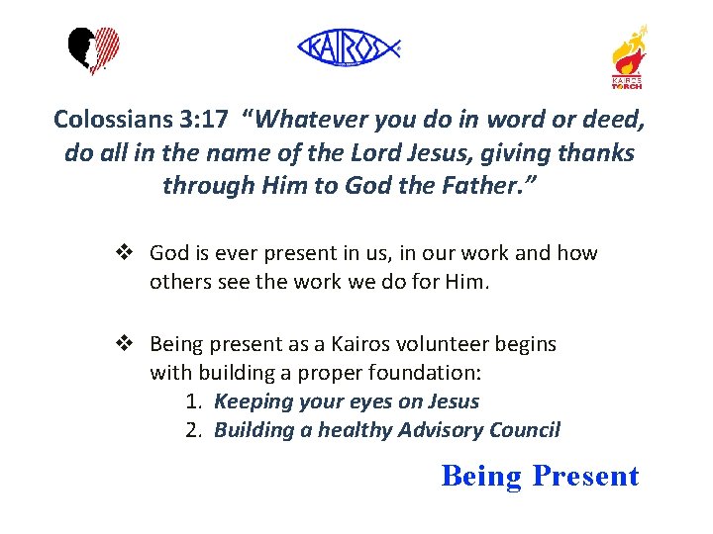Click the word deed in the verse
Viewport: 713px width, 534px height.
(x=614, y=120)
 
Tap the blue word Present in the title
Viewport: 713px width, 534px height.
(x=585, y=476)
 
